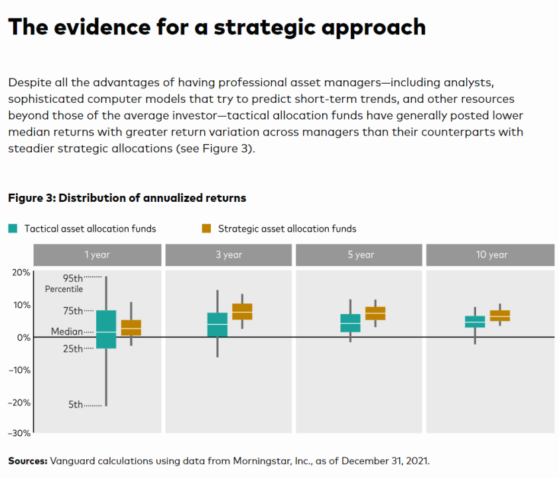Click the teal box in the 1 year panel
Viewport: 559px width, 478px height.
(x=106, y=329)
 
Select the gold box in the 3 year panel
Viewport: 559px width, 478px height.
(x=242, y=311)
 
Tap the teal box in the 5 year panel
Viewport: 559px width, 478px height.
(x=350, y=323)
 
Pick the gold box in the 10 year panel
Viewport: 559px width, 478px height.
(x=500, y=315)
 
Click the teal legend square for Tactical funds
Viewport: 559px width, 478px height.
(x=13, y=228)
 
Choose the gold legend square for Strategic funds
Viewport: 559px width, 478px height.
(x=206, y=228)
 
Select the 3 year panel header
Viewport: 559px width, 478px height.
(x=229, y=255)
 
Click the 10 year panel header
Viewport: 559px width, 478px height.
(x=491, y=255)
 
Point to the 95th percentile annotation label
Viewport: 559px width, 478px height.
(x=73, y=278)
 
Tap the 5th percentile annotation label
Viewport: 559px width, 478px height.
(x=76, y=404)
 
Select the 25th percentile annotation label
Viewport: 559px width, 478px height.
(x=73, y=349)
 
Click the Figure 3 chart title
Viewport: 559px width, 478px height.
(x=127, y=198)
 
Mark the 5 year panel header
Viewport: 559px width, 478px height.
(x=360, y=255)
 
